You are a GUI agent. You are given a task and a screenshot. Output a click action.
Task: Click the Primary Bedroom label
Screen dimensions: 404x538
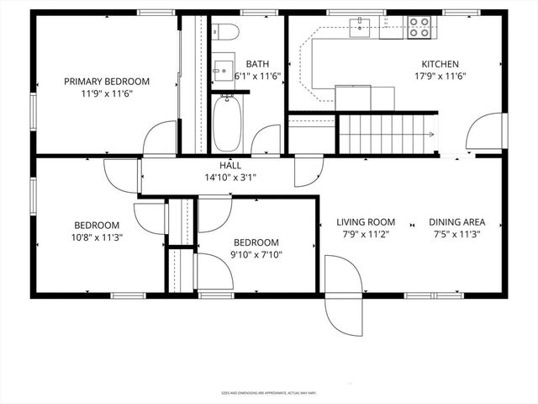pyautogui.click(x=107, y=82)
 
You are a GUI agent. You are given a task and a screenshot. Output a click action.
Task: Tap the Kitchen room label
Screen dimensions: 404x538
pyautogui.click(x=440, y=64)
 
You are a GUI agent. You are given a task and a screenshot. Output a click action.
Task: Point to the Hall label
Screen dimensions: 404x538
pyautogui.click(x=231, y=166)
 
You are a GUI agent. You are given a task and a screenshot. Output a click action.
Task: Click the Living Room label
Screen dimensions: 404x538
pyautogui.click(x=366, y=222)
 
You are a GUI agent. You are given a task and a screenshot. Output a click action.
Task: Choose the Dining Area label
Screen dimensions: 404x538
pyautogui.click(x=457, y=222)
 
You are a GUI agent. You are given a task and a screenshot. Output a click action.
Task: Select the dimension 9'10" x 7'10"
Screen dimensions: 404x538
pyautogui.click(x=256, y=255)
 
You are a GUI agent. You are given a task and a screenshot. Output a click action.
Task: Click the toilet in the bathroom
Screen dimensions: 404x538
pyautogui.click(x=225, y=33)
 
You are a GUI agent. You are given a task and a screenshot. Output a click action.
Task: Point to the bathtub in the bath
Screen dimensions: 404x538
pyautogui.click(x=226, y=123)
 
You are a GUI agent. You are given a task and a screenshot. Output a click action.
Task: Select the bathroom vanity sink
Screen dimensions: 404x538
pyautogui.click(x=224, y=66)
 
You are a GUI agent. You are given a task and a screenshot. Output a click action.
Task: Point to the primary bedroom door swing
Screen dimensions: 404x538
pyautogui.click(x=159, y=139)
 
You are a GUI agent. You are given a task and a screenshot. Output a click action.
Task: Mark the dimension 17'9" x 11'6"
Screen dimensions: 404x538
pyautogui.click(x=440, y=76)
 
